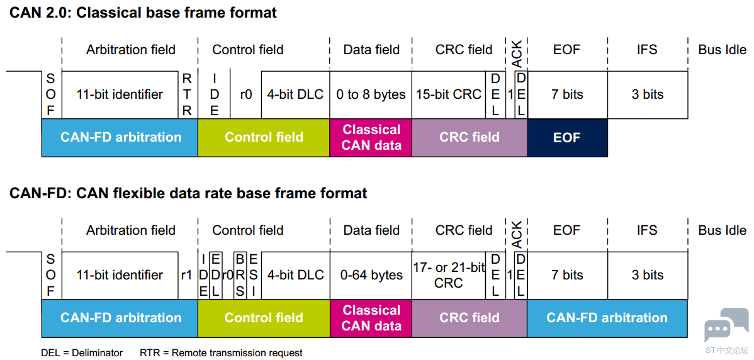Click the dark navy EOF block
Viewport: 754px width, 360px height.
(x=568, y=137)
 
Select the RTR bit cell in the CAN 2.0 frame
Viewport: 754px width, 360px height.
(x=188, y=94)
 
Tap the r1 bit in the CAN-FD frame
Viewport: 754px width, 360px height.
(x=186, y=276)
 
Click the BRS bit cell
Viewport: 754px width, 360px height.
(x=240, y=276)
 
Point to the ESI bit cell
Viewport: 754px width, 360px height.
(x=254, y=276)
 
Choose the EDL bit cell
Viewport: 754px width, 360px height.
(x=216, y=276)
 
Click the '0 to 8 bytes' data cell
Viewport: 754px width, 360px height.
(x=370, y=94)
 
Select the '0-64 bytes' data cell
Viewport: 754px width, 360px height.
(x=370, y=276)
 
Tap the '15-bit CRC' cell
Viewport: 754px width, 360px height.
(x=449, y=94)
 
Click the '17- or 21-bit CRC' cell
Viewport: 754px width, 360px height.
(x=449, y=276)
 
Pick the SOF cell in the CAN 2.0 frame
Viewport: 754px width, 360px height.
(x=52, y=94)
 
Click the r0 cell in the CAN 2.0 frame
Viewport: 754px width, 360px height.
(x=245, y=94)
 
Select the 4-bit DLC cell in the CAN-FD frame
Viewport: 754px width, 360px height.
(x=295, y=276)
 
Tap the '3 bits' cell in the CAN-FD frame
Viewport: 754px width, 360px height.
(x=647, y=276)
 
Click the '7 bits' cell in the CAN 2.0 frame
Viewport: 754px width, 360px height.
(x=568, y=94)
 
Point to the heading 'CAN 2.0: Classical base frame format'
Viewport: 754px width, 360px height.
(x=143, y=13)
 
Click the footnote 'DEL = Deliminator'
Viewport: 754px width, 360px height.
(x=82, y=353)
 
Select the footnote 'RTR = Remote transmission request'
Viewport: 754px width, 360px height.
(x=221, y=353)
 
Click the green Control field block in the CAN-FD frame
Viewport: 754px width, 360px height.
(x=264, y=318)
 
